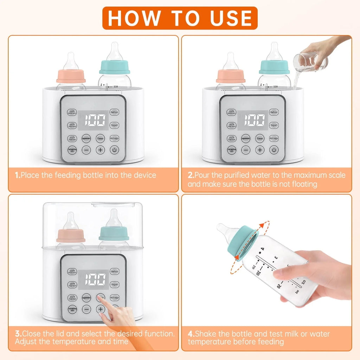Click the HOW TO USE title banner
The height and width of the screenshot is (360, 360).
point(180,18)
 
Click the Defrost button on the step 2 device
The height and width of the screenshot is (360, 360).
point(274,112)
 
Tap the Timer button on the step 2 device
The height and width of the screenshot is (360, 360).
point(260,138)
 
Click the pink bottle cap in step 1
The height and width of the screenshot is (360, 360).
point(71,76)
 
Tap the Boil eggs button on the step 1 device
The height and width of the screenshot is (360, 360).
point(114,138)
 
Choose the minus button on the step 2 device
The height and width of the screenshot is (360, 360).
point(246,150)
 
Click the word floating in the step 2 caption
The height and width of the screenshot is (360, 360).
point(301,184)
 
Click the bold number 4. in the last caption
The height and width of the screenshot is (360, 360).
point(191,334)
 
